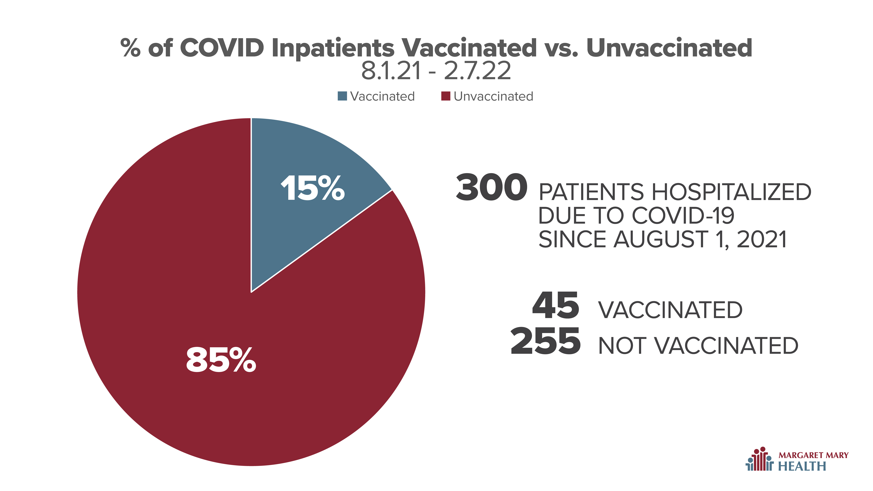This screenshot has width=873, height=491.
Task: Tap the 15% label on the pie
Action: (312, 188)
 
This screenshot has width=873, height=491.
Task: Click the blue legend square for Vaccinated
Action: (342, 96)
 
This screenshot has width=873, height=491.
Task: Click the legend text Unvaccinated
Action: (493, 97)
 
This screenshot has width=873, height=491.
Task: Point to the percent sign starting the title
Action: (130, 48)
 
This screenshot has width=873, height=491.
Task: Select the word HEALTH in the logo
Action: (802, 466)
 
